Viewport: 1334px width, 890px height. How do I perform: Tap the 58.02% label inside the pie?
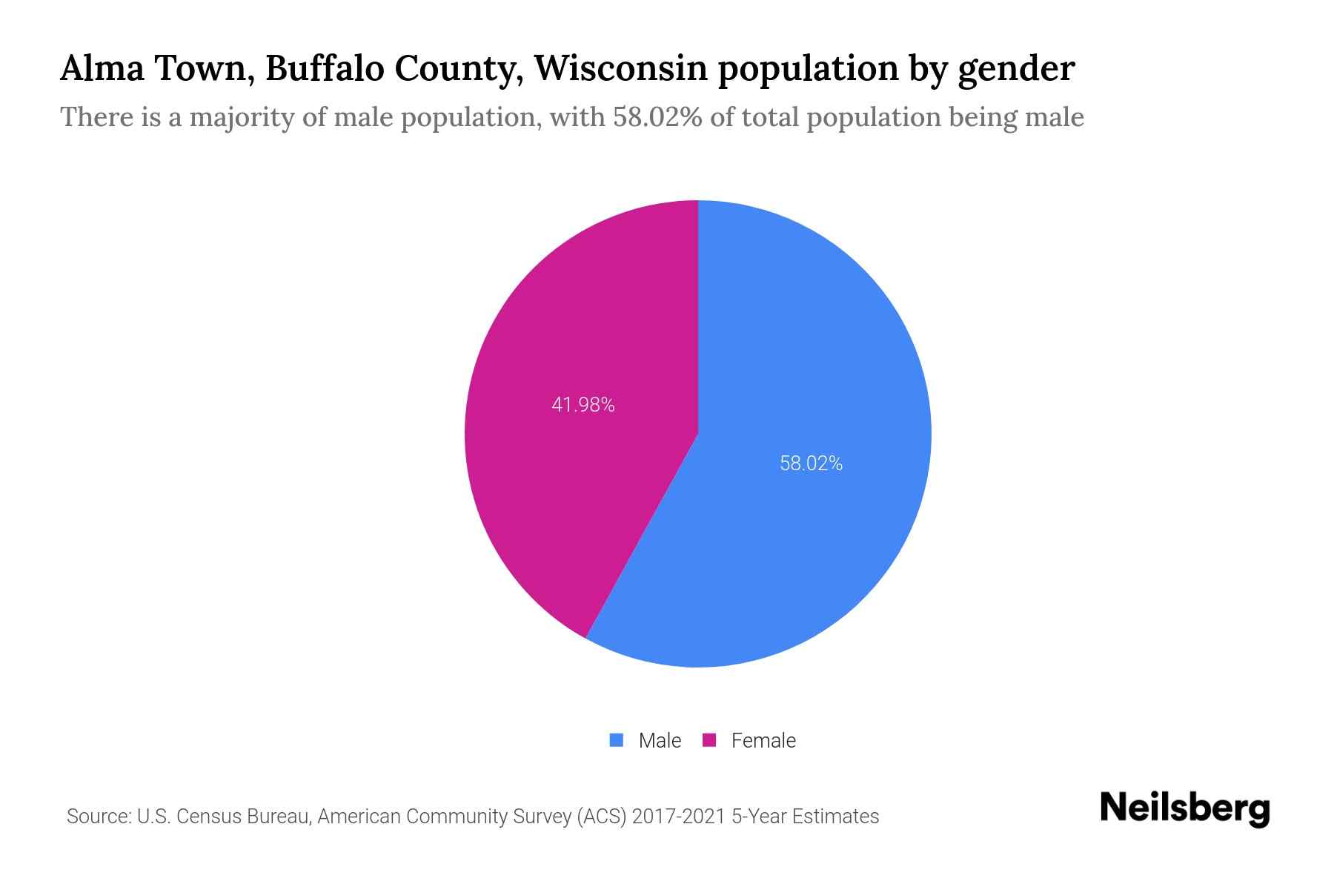(811, 464)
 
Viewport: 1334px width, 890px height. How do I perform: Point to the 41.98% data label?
(583, 405)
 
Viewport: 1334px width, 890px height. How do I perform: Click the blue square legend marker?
(617, 740)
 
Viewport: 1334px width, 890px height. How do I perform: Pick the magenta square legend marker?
(709, 740)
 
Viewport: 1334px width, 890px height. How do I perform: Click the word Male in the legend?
(660, 740)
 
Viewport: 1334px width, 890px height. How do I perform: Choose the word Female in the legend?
(763, 740)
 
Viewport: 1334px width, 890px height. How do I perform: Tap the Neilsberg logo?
(1185, 808)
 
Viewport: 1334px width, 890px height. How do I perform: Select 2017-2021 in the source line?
(678, 817)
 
